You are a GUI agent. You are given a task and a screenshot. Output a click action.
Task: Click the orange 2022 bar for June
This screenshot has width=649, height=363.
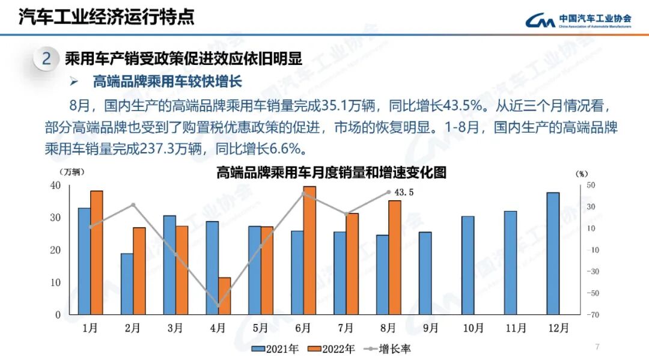pyautogui.click(x=309, y=251)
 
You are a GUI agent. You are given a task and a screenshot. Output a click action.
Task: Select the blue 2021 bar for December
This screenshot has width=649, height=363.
pyautogui.click(x=553, y=254)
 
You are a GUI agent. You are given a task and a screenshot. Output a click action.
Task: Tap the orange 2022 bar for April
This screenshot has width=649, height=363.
pyautogui.click(x=224, y=296)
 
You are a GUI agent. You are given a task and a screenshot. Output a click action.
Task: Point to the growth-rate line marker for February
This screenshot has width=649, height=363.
pyautogui.click(x=133, y=205)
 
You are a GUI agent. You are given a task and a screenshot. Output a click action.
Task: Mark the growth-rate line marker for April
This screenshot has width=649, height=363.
pyautogui.click(x=218, y=306)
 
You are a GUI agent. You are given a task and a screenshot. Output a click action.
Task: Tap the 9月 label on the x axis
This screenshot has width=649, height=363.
pyautogui.click(x=431, y=328)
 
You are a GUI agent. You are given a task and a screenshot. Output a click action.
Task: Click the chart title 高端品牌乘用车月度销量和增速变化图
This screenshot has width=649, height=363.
pyautogui.click(x=331, y=173)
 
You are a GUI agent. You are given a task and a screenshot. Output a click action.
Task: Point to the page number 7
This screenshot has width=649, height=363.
pyautogui.click(x=597, y=346)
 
